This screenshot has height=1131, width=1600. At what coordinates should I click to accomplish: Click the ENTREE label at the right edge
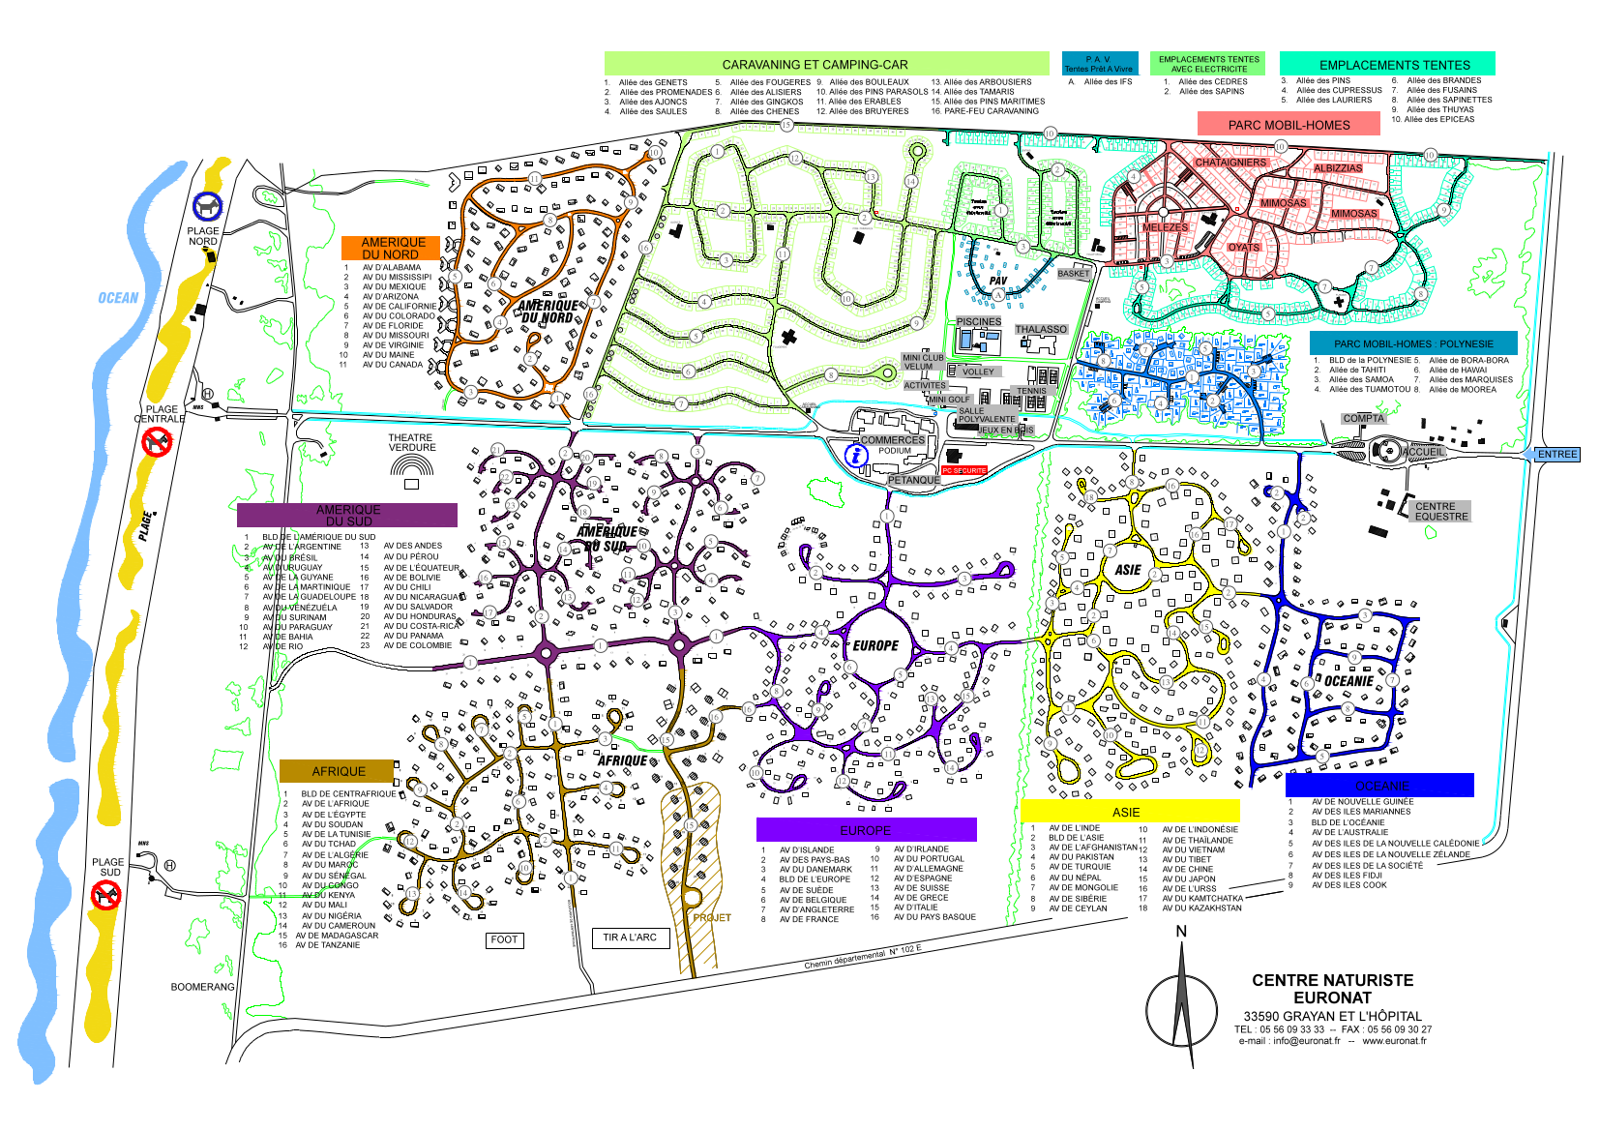pos(1556,455)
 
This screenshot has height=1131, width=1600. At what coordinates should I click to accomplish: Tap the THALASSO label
pos(1041,330)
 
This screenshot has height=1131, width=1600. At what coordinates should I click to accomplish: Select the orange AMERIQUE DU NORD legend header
pos(392,249)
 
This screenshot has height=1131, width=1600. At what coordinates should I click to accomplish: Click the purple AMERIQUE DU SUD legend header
pos(347,515)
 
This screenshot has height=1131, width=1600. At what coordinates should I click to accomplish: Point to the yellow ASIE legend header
pos(1129,812)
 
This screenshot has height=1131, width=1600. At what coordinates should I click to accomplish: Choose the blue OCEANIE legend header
pos(1379,786)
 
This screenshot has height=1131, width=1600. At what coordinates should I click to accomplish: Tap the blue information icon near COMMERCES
pos(856,455)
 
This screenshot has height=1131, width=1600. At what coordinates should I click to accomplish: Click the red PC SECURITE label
pos(963,470)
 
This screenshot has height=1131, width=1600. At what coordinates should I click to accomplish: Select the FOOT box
pos(504,939)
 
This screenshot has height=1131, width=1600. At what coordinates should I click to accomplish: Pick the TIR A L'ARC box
pos(630,938)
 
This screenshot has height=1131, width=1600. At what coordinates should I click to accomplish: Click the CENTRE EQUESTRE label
pos(1440,511)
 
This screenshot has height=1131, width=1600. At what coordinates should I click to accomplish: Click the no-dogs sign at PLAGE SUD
pos(104,896)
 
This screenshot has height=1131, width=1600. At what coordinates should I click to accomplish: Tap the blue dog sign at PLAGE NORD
pos(208,206)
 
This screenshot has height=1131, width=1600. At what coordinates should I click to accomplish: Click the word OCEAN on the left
pos(118,298)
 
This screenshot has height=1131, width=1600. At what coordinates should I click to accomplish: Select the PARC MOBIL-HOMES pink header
pos(1289,125)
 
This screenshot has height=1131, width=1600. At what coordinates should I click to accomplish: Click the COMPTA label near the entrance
pos(1363,419)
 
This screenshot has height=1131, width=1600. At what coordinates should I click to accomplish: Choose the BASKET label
pos(1073,274)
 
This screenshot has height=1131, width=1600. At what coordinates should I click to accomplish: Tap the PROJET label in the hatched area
pos(712,917)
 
